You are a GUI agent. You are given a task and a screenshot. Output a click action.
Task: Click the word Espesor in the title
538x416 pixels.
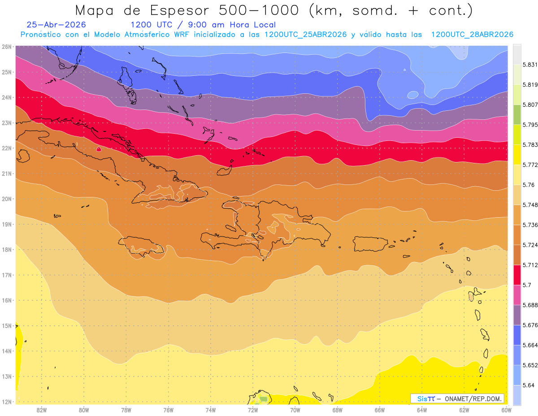click(179, 11)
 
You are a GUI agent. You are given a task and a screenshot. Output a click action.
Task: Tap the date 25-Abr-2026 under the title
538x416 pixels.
click(56, 25)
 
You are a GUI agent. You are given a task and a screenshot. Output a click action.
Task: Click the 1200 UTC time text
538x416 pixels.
click(151, 25)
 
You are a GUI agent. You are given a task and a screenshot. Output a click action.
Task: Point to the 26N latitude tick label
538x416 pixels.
click(6, 47)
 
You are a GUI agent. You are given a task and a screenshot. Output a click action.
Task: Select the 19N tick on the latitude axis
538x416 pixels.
click(6, 224)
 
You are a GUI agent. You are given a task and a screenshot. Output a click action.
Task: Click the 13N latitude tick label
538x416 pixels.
click(6, 377)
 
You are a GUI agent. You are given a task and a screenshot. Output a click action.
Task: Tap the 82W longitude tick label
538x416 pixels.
click(42, 410)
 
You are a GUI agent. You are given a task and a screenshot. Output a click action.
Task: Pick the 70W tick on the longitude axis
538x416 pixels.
click(295, 410)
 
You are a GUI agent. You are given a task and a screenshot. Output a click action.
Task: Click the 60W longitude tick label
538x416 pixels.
click(506, 410)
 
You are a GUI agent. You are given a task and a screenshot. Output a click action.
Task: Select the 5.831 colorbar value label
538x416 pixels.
click(530, 65)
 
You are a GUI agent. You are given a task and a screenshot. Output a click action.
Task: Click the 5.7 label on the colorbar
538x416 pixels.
click(527, 285)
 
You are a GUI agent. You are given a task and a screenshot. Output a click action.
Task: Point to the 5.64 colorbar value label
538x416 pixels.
click(528, 385)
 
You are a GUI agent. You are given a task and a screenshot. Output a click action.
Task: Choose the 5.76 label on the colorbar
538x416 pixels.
click(528, 185)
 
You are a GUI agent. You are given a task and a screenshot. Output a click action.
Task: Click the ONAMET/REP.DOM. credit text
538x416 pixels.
click(473, 399)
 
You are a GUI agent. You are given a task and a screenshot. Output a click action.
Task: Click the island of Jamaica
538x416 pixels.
click(141, 246)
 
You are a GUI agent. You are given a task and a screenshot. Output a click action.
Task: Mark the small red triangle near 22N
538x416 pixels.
click(99, 149)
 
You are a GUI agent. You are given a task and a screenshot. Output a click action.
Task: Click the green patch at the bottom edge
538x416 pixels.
click(264, 399)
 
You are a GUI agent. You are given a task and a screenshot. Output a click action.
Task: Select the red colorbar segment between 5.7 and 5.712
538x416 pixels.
click(517, 275)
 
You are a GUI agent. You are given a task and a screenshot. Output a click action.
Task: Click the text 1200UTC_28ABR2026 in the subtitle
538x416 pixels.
click(472, 35)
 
